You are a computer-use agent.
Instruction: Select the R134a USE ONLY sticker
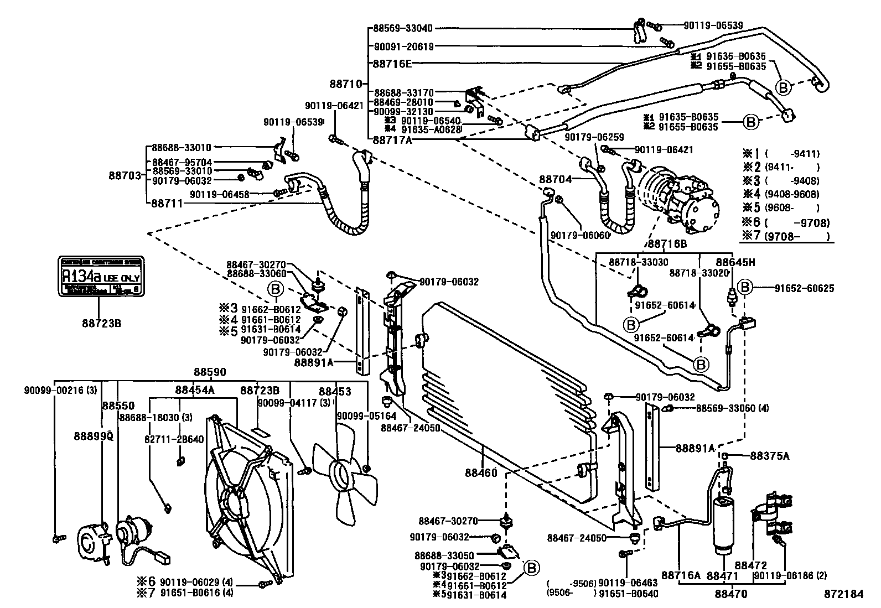(101, 277)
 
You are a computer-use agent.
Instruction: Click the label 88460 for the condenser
(481, 473)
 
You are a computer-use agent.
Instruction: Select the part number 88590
(210, 372)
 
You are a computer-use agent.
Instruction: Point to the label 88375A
(770, 456)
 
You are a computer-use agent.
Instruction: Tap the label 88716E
(392, 64)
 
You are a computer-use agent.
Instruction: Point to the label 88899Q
(94, 436)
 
